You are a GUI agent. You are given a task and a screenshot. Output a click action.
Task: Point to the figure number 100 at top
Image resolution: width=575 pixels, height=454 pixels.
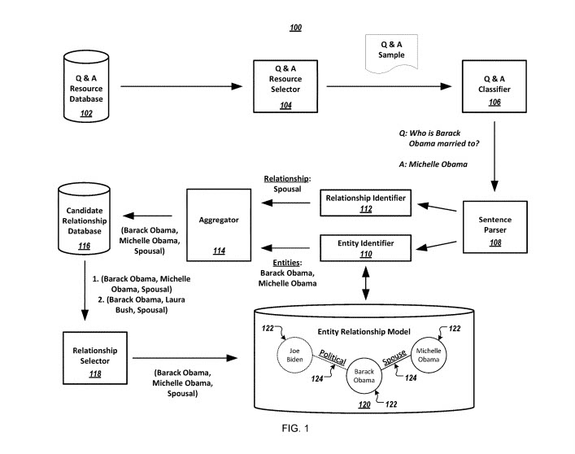[295, 28]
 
